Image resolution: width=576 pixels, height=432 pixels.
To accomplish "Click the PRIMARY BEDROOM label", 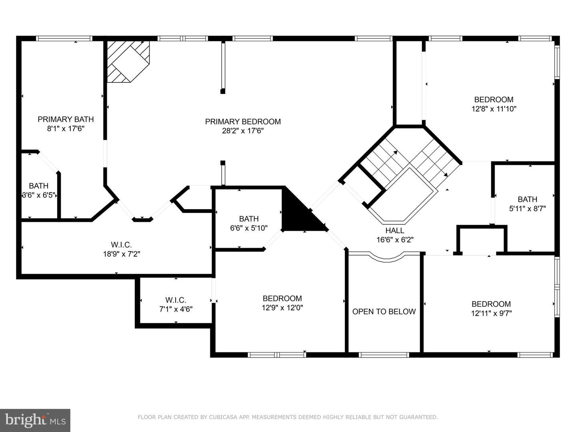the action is pos(243,122).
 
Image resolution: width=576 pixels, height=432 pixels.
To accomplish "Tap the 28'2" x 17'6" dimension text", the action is pos(243,131).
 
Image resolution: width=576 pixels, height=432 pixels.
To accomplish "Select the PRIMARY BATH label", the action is pos(66,119).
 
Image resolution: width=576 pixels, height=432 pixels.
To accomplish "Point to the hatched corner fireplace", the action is pos(128,62).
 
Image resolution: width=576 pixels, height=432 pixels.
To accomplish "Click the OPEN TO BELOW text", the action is pos(384,311).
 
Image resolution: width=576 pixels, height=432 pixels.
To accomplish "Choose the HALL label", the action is pos(395,230).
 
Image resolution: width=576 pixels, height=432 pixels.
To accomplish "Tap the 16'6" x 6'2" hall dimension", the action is pos(395,240).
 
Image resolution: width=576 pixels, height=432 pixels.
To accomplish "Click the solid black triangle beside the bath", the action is pos(302,212).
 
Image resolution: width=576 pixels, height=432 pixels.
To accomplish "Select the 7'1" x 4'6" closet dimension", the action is pos(176,309).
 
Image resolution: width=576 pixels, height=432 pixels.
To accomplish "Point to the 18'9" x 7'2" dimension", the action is pos(122,254).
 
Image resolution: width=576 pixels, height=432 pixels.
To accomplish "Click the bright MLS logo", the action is pos(35,420).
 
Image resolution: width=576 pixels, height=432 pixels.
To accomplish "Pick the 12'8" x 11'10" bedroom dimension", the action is pos(494,108).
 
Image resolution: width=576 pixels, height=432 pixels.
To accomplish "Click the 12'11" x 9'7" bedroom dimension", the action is pos(491,313).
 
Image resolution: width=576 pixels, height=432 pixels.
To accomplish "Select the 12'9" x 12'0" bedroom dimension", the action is pos(282,308).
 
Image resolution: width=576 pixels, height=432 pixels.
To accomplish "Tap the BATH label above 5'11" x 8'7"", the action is pos(527,199).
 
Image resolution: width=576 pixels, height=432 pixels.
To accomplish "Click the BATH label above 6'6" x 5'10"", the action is pos(249,219).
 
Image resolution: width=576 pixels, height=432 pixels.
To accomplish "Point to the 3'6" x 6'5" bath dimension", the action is pos(38,195).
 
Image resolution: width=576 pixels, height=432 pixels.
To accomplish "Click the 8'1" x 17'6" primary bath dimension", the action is pos(66,128).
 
